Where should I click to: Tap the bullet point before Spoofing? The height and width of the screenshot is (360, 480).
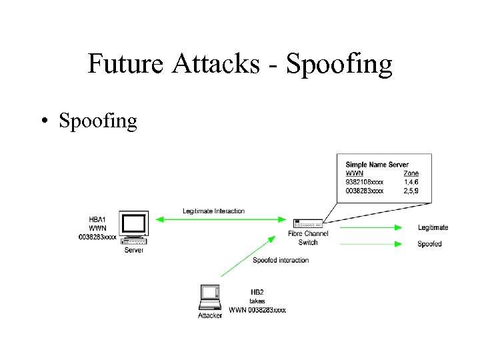click(43, 121)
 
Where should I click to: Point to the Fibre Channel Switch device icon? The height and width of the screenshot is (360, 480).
click(307, 223)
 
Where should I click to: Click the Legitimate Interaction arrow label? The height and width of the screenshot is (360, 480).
click(213, 211)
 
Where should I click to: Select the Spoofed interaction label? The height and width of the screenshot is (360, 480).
click(281, 260)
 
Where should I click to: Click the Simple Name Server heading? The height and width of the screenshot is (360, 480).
click(377, 165)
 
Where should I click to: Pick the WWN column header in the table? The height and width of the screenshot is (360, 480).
click(355, 173)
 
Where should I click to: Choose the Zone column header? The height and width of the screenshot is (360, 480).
click(411, 173)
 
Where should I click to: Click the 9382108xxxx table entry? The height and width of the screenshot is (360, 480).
click(364, 181)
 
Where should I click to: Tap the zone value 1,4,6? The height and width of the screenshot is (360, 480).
click(412, 181)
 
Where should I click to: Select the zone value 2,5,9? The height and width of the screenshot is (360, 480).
click(412, 190)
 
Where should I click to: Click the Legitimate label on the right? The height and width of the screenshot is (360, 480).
click(433, 228)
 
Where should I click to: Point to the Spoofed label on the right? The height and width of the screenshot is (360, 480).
click(429, 244)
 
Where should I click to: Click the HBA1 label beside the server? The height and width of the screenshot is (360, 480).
click(97, 219)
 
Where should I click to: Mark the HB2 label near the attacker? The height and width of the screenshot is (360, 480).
click(257, 292)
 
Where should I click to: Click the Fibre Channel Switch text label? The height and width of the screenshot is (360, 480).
click(308, 238)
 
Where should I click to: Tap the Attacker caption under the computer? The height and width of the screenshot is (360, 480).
click(210, 315)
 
